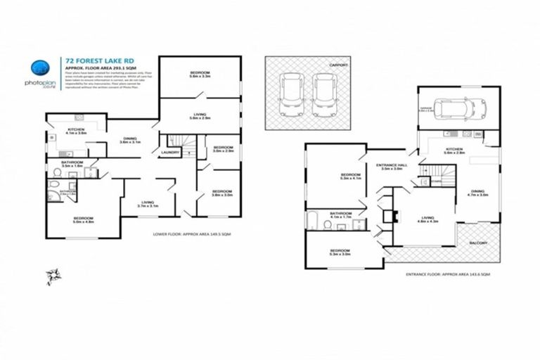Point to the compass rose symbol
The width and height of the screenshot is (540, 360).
52,274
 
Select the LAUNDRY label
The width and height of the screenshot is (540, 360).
169,152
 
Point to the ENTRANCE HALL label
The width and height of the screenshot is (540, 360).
391,166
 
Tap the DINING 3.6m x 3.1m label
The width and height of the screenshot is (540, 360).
130,140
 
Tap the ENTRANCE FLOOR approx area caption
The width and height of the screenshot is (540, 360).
448,274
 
